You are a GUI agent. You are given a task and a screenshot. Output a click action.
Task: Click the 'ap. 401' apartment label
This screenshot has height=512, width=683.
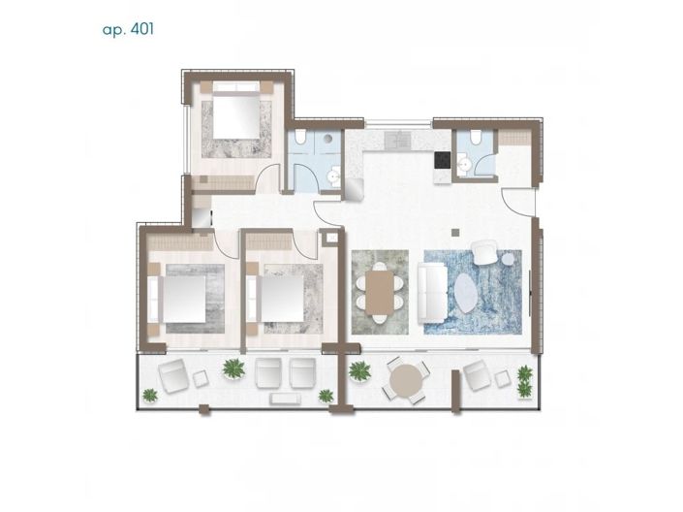coord(128,30)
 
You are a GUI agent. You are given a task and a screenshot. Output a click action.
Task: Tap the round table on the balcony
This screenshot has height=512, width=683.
coord(406,380)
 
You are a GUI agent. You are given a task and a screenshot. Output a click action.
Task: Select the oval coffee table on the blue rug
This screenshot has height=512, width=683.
coord(465,293)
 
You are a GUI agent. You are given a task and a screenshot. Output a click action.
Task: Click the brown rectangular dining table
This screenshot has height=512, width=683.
coord(380,292)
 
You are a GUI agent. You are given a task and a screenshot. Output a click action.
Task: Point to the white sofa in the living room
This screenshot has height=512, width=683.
coord(432,293)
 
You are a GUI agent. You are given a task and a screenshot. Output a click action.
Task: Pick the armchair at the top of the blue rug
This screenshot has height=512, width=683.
coord(485,252)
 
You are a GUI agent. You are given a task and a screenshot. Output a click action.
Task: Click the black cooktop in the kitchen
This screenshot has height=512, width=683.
coord(443,160)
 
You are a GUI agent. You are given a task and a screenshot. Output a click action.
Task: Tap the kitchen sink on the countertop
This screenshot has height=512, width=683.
coord(398,140)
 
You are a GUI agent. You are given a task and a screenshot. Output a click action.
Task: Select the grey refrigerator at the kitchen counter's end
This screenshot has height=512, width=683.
coord(355,189)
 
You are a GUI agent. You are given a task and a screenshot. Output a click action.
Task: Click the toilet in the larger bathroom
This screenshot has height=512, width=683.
coord(299,137)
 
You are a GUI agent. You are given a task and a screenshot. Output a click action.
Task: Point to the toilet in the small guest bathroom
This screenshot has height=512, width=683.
coord(476,137)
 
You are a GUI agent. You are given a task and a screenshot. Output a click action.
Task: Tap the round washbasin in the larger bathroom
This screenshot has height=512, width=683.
coord(334,176)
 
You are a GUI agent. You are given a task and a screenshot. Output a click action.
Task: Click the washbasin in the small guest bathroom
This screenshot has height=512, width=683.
coord(464,166)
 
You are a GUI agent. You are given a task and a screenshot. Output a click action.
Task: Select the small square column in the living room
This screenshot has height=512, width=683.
coord(455,233)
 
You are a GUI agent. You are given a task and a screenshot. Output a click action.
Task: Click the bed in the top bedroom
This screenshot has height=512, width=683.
coord(236,115)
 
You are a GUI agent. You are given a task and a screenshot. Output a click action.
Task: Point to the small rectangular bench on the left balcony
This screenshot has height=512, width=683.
coord(286,399)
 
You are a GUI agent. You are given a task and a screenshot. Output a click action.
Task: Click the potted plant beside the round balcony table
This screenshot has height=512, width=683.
coord(359,371)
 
